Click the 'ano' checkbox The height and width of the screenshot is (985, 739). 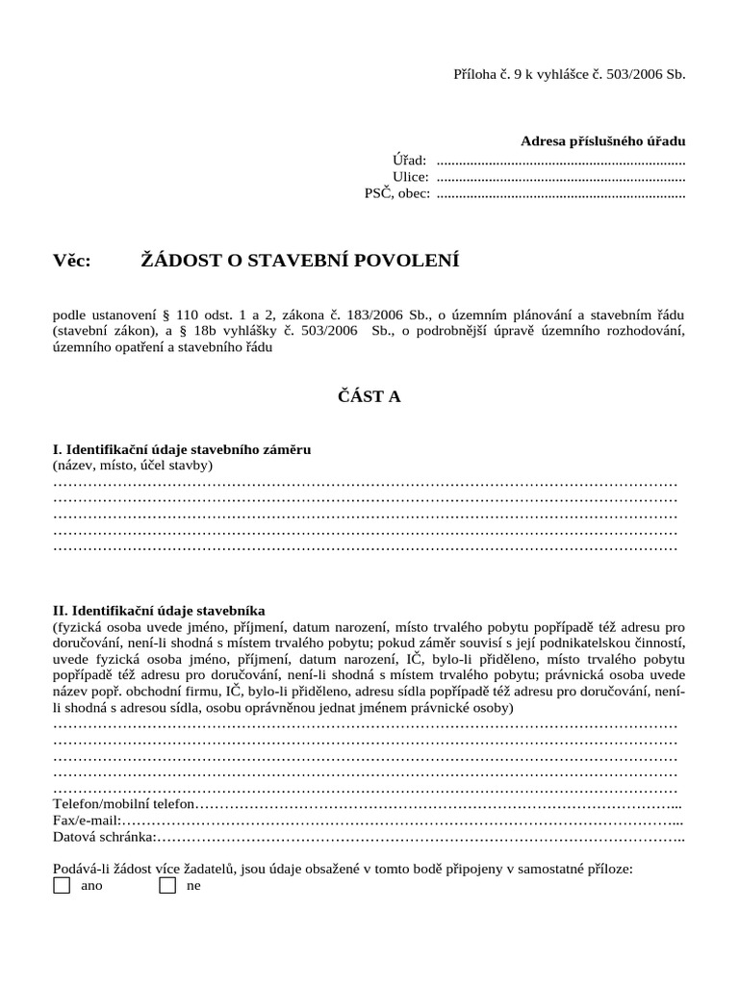coord(62,885)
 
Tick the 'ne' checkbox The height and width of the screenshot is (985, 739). coord(167,885)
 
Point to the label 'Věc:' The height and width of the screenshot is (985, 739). coord(72,261)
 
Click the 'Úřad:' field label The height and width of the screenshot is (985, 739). coord(409,160)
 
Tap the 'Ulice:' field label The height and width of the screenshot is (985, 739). coord(410,176)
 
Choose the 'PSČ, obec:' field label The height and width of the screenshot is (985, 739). coord(396,193)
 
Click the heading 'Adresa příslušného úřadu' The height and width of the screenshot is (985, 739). coord(602,140)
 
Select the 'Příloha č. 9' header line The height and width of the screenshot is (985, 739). coord(569,74)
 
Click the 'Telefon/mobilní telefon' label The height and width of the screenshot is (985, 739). coord(124,803)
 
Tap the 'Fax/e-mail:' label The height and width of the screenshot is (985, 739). coord(87,821)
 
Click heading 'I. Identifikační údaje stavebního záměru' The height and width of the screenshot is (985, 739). coord(182,449)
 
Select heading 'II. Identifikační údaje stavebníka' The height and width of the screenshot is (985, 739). coord(159,610)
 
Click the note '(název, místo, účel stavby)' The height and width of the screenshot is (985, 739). coord(133,466)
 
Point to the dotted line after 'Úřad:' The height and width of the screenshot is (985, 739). coord(560,162)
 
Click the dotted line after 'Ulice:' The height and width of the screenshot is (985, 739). coord(560,178)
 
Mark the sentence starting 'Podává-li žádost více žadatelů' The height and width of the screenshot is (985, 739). coord(343,868)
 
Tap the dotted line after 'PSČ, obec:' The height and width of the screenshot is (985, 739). coord(560,195)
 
